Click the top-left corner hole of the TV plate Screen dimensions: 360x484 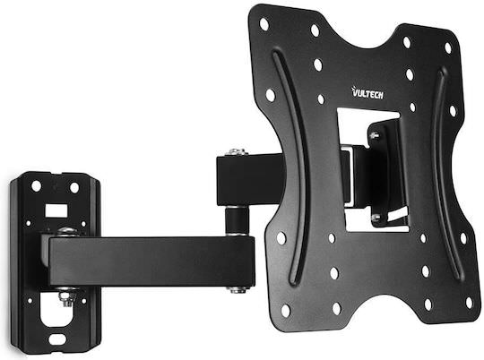(x=264, y=23)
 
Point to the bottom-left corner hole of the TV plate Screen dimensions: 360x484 (x=285, y=310)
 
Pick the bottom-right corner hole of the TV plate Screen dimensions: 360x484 (x=467, y=303)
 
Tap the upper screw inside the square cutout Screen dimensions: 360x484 (x=375, y=135)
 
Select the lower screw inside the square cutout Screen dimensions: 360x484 (x=376, y=217)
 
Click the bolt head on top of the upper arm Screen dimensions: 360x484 (x=237, y=152)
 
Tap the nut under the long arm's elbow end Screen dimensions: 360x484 (x=238, y=288)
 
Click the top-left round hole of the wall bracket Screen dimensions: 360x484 (x=37, y=186)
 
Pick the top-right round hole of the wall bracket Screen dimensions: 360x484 (x=74, y=187)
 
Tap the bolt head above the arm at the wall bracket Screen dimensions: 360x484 (x=65, y=232)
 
